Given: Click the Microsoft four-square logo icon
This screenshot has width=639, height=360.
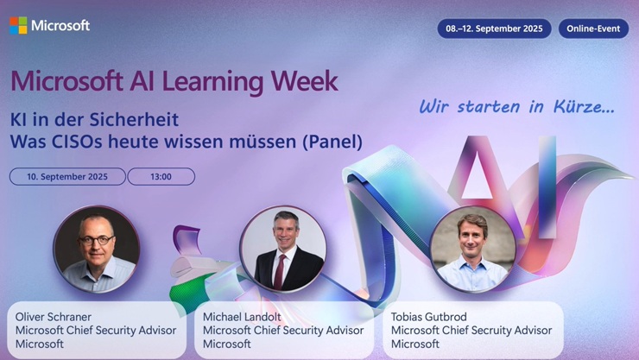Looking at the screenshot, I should [18, 26].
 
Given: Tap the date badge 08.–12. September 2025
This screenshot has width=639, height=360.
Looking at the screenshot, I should [494, 28].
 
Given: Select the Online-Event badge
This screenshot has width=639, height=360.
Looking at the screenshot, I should [593, 28].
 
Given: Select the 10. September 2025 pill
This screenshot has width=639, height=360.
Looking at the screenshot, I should [66, 177].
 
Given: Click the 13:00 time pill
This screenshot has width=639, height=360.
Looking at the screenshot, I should [161, 177].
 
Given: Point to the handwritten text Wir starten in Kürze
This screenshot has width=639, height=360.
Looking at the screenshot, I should [516, 107].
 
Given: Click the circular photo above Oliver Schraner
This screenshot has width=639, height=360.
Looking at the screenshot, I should [96, 249].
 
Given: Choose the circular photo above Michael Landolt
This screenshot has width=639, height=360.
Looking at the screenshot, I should [283, 248].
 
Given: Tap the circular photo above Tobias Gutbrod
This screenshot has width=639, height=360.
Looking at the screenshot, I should [471, 249].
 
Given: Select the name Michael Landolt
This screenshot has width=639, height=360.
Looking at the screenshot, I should [242, 317].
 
